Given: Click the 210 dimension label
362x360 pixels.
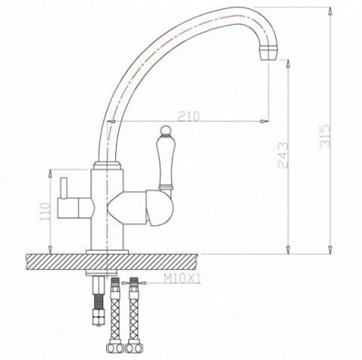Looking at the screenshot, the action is coord(189,117).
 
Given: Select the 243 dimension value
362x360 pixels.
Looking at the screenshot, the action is coord(283,155).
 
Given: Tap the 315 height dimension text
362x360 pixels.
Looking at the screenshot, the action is coord(325,136).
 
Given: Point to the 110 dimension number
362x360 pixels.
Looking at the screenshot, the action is coord(44,212).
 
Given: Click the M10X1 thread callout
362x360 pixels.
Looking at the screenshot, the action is coord(182,280).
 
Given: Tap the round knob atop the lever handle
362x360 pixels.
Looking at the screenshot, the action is coord(165,130).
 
